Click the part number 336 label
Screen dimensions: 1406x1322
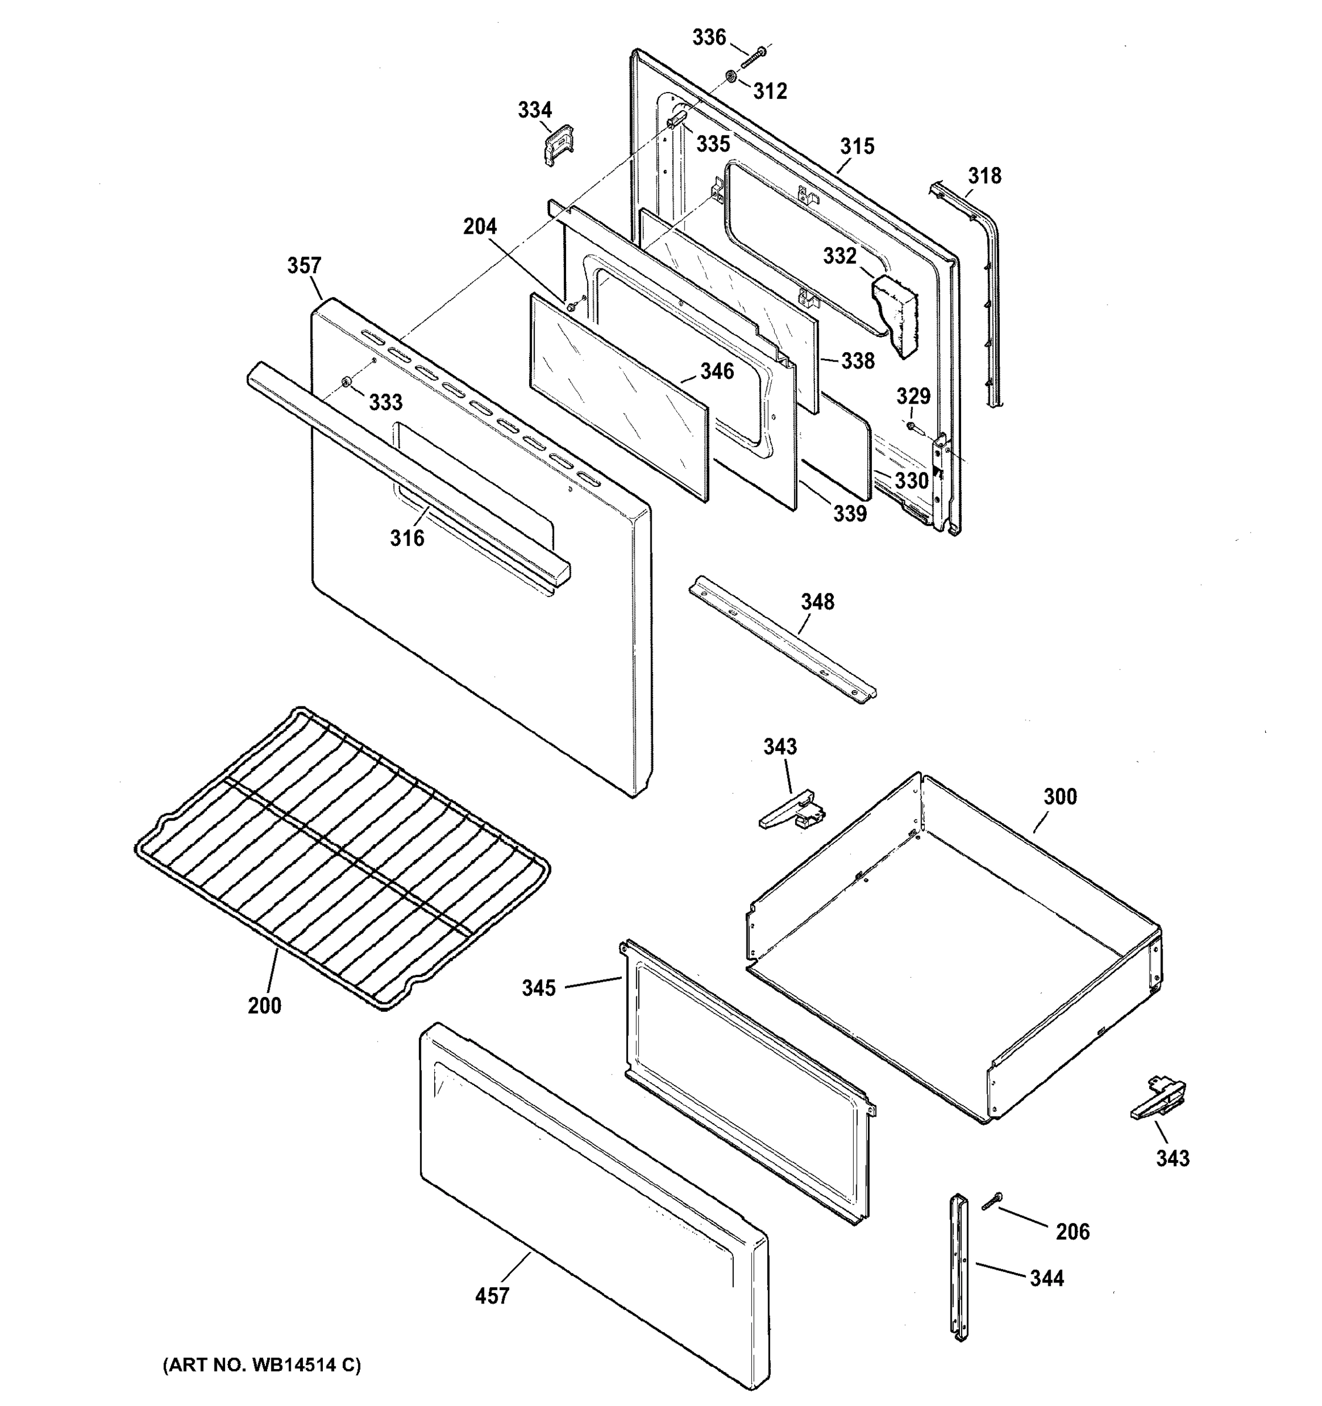pyautogui.click(x=708, y=37)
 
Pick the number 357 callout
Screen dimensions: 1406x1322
pyautogui.click(x=304, y=266)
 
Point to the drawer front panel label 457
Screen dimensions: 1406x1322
pyautogui.click(x=492, y=1296)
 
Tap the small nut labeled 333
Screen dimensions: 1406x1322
pyautogui.click(x=346, y=383)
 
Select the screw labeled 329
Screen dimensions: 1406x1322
pyautogui.click(x=912, y=426)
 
